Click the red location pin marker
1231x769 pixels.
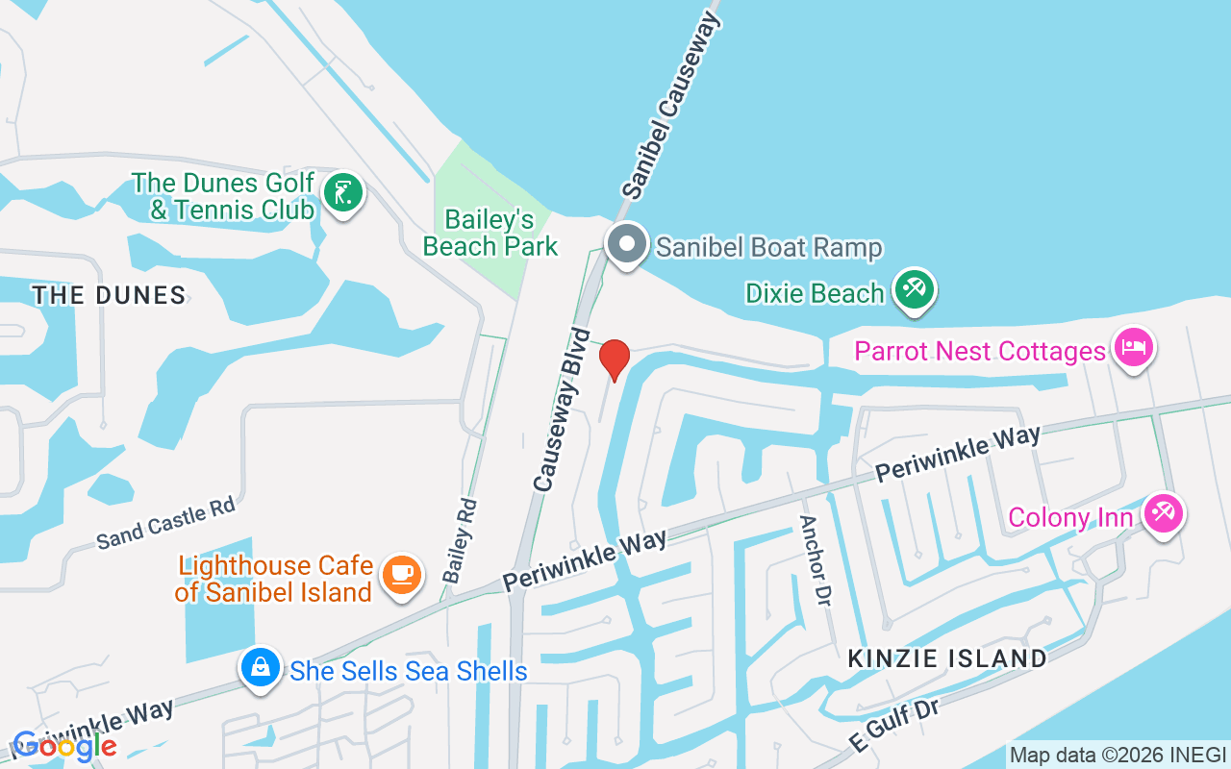tap(615, 359)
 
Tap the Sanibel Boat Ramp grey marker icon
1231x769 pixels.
tap(627, 244)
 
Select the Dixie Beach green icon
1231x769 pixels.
tap(914, 289)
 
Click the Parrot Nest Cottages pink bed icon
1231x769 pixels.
tap(1133, 347)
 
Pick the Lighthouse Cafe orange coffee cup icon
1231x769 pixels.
tap(402, 575)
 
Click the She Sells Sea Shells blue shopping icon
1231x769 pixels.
tap(259, 666)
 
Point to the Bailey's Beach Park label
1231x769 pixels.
tap(490, 234)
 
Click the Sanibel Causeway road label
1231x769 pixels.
tap(671, 107)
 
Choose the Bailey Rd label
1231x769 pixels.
tap(460, 540)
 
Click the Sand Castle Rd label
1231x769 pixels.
tap(165, 524)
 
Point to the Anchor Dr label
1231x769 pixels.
tap(815, 560)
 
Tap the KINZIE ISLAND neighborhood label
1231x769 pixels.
tap(947, 658)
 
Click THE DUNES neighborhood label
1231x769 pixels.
tap(109, 295)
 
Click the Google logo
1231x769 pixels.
tap(64, 745)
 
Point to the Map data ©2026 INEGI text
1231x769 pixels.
tap(1118, 755)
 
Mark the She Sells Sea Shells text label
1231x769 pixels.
tap(409, 671)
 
